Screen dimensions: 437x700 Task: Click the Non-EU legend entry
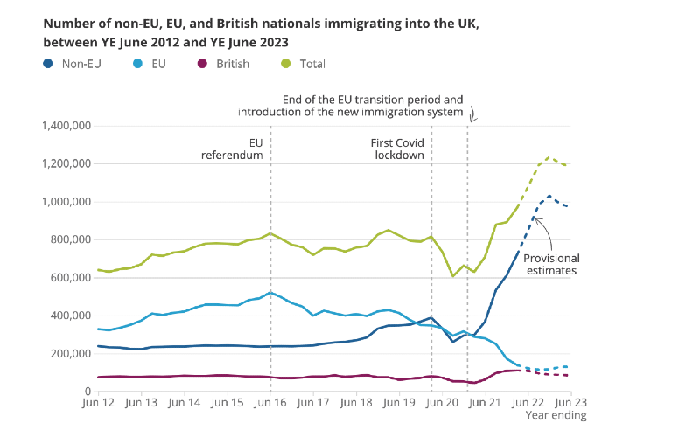(x=75, y=64)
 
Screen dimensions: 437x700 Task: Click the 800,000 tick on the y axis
(x=69, y=239)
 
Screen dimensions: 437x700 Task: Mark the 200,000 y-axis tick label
(x=69, y=353)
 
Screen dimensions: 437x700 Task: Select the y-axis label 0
(x=89, y=391)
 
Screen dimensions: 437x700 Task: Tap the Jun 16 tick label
(x=269, y=403)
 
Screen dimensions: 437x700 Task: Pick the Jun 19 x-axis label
(x=399, y=403)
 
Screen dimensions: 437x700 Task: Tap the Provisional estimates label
(x=551, y=264)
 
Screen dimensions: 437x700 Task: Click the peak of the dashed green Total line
(x=549, y=158)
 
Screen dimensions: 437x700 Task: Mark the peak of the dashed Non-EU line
(x=549, y=196)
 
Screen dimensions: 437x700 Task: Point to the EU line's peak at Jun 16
(x=270, y=292)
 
